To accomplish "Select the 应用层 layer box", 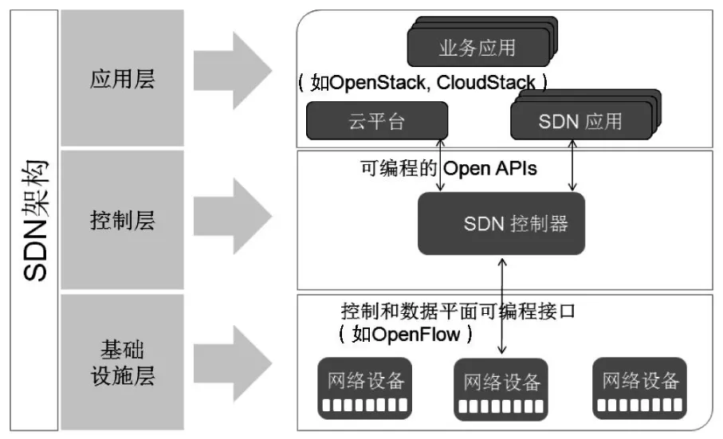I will [x=122, y=77].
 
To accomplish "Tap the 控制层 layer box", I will [x=122, y=220].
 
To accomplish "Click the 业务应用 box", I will [x=477, y=47].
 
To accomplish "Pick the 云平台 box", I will [x=376, y=121].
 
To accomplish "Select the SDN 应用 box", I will [x=580, y=121].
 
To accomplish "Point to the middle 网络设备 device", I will [x=501, y=389].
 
